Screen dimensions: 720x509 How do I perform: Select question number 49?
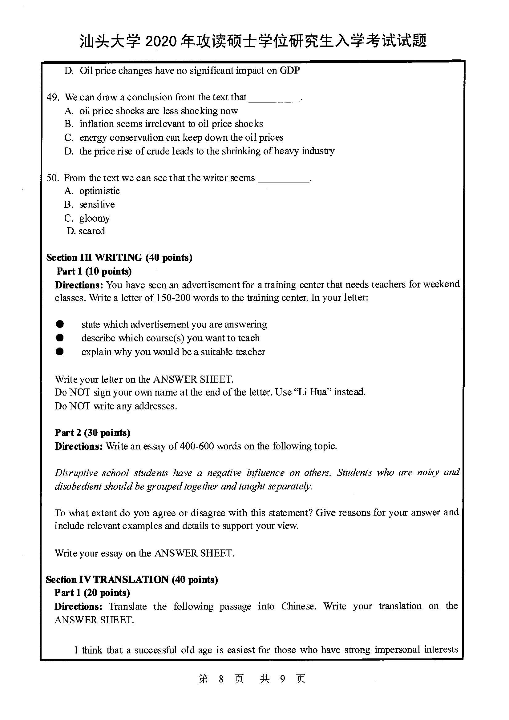pyautogui.click(x=53, y=97)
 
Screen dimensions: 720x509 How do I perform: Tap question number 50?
pyautogui.click(x=53, y=178)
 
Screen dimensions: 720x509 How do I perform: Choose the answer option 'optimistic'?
pyautogui.click(x=99, y=191)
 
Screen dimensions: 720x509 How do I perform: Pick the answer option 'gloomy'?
pyautogui.click(x=95, y=218)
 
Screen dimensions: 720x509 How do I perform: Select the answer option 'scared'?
pyautogui.click(x=91, y=231)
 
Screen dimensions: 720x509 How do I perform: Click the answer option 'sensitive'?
pyautogui.click(x=97, y=204)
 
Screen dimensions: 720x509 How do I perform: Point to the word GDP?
pyautogui.click(x=289, y=70)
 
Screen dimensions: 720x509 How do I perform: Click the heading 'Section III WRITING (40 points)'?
pyautogui.click(x=119, y=257)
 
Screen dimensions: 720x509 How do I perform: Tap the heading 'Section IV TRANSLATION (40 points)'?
pyautogui.click(x=132, y=580)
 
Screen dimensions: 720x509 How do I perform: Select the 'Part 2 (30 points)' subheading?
pyautogui.click(x=92, y=433)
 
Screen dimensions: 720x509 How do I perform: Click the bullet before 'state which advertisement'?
pyautogui.click(x=60, y=324)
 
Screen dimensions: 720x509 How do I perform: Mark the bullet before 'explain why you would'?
pyautogui.click(x=60, y=352)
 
